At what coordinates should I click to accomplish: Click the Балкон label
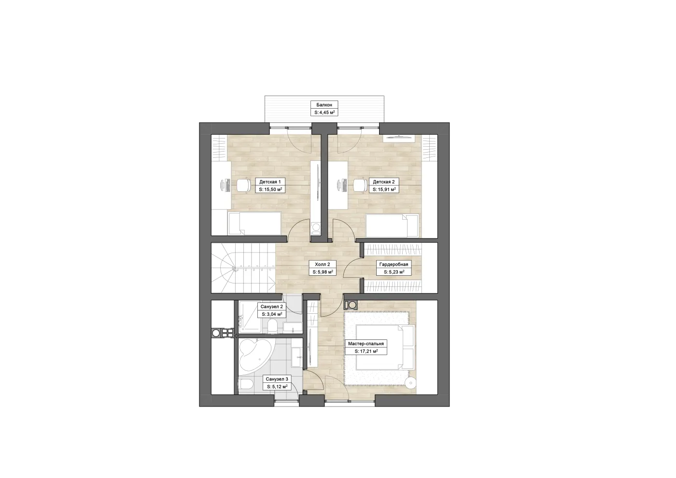point(324,105)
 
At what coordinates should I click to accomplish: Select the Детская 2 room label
point(383,182)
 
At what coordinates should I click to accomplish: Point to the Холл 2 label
point(323,265)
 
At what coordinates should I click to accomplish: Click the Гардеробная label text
point(394,265)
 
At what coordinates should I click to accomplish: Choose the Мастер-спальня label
point(366,344)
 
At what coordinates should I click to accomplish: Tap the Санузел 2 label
point(271,307)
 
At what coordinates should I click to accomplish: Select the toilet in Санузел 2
point(272,326)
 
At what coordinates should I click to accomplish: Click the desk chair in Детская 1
point(243,185)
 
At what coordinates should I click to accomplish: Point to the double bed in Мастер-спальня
point(385,347)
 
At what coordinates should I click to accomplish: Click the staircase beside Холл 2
point(243,268)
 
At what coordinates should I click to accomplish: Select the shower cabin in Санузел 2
point(251,317)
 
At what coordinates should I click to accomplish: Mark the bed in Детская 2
point(392,226)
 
